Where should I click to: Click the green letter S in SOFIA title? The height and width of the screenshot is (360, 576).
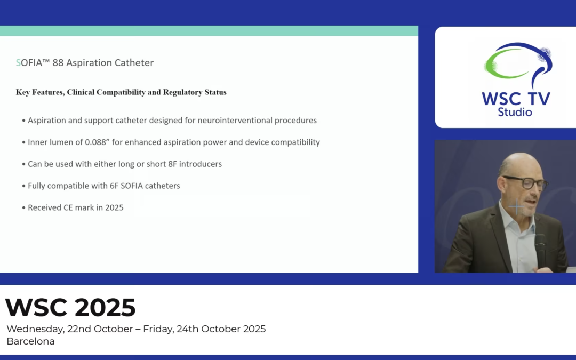point(19,63)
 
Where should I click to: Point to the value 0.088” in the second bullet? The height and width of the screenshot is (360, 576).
point(98,142)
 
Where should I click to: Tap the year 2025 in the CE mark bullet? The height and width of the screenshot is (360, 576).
point(114,207)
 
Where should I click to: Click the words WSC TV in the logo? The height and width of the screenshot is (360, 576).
point(515,99)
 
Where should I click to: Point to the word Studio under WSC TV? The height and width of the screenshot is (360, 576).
point(515,112)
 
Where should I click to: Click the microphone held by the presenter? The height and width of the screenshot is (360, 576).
point(540,248)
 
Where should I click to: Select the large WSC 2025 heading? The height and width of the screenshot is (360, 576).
point(70,308)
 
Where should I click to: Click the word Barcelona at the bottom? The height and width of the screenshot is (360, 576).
point(30,341)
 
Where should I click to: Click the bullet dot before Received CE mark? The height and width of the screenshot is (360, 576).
point(23,207)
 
